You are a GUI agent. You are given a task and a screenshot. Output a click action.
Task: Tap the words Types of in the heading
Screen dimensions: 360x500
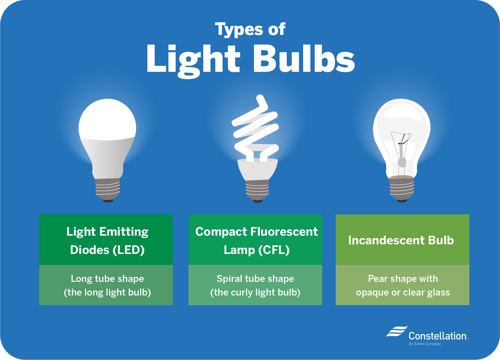pos(250,30)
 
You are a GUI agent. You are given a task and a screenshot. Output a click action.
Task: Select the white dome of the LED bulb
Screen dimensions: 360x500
pos(107,120)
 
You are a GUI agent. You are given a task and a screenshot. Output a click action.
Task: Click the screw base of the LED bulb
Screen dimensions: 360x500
pos(107,189)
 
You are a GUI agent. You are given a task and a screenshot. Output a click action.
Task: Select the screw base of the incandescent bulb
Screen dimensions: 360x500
pos(402,189)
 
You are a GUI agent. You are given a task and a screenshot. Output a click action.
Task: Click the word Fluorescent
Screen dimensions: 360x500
pos(284,232)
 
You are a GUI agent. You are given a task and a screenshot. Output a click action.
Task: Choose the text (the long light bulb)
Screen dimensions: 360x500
pos(107,293)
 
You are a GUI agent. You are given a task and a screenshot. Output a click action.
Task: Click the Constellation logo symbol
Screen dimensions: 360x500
pos(397,332)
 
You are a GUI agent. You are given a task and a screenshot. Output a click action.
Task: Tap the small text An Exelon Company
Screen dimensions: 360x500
pos(425,344)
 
